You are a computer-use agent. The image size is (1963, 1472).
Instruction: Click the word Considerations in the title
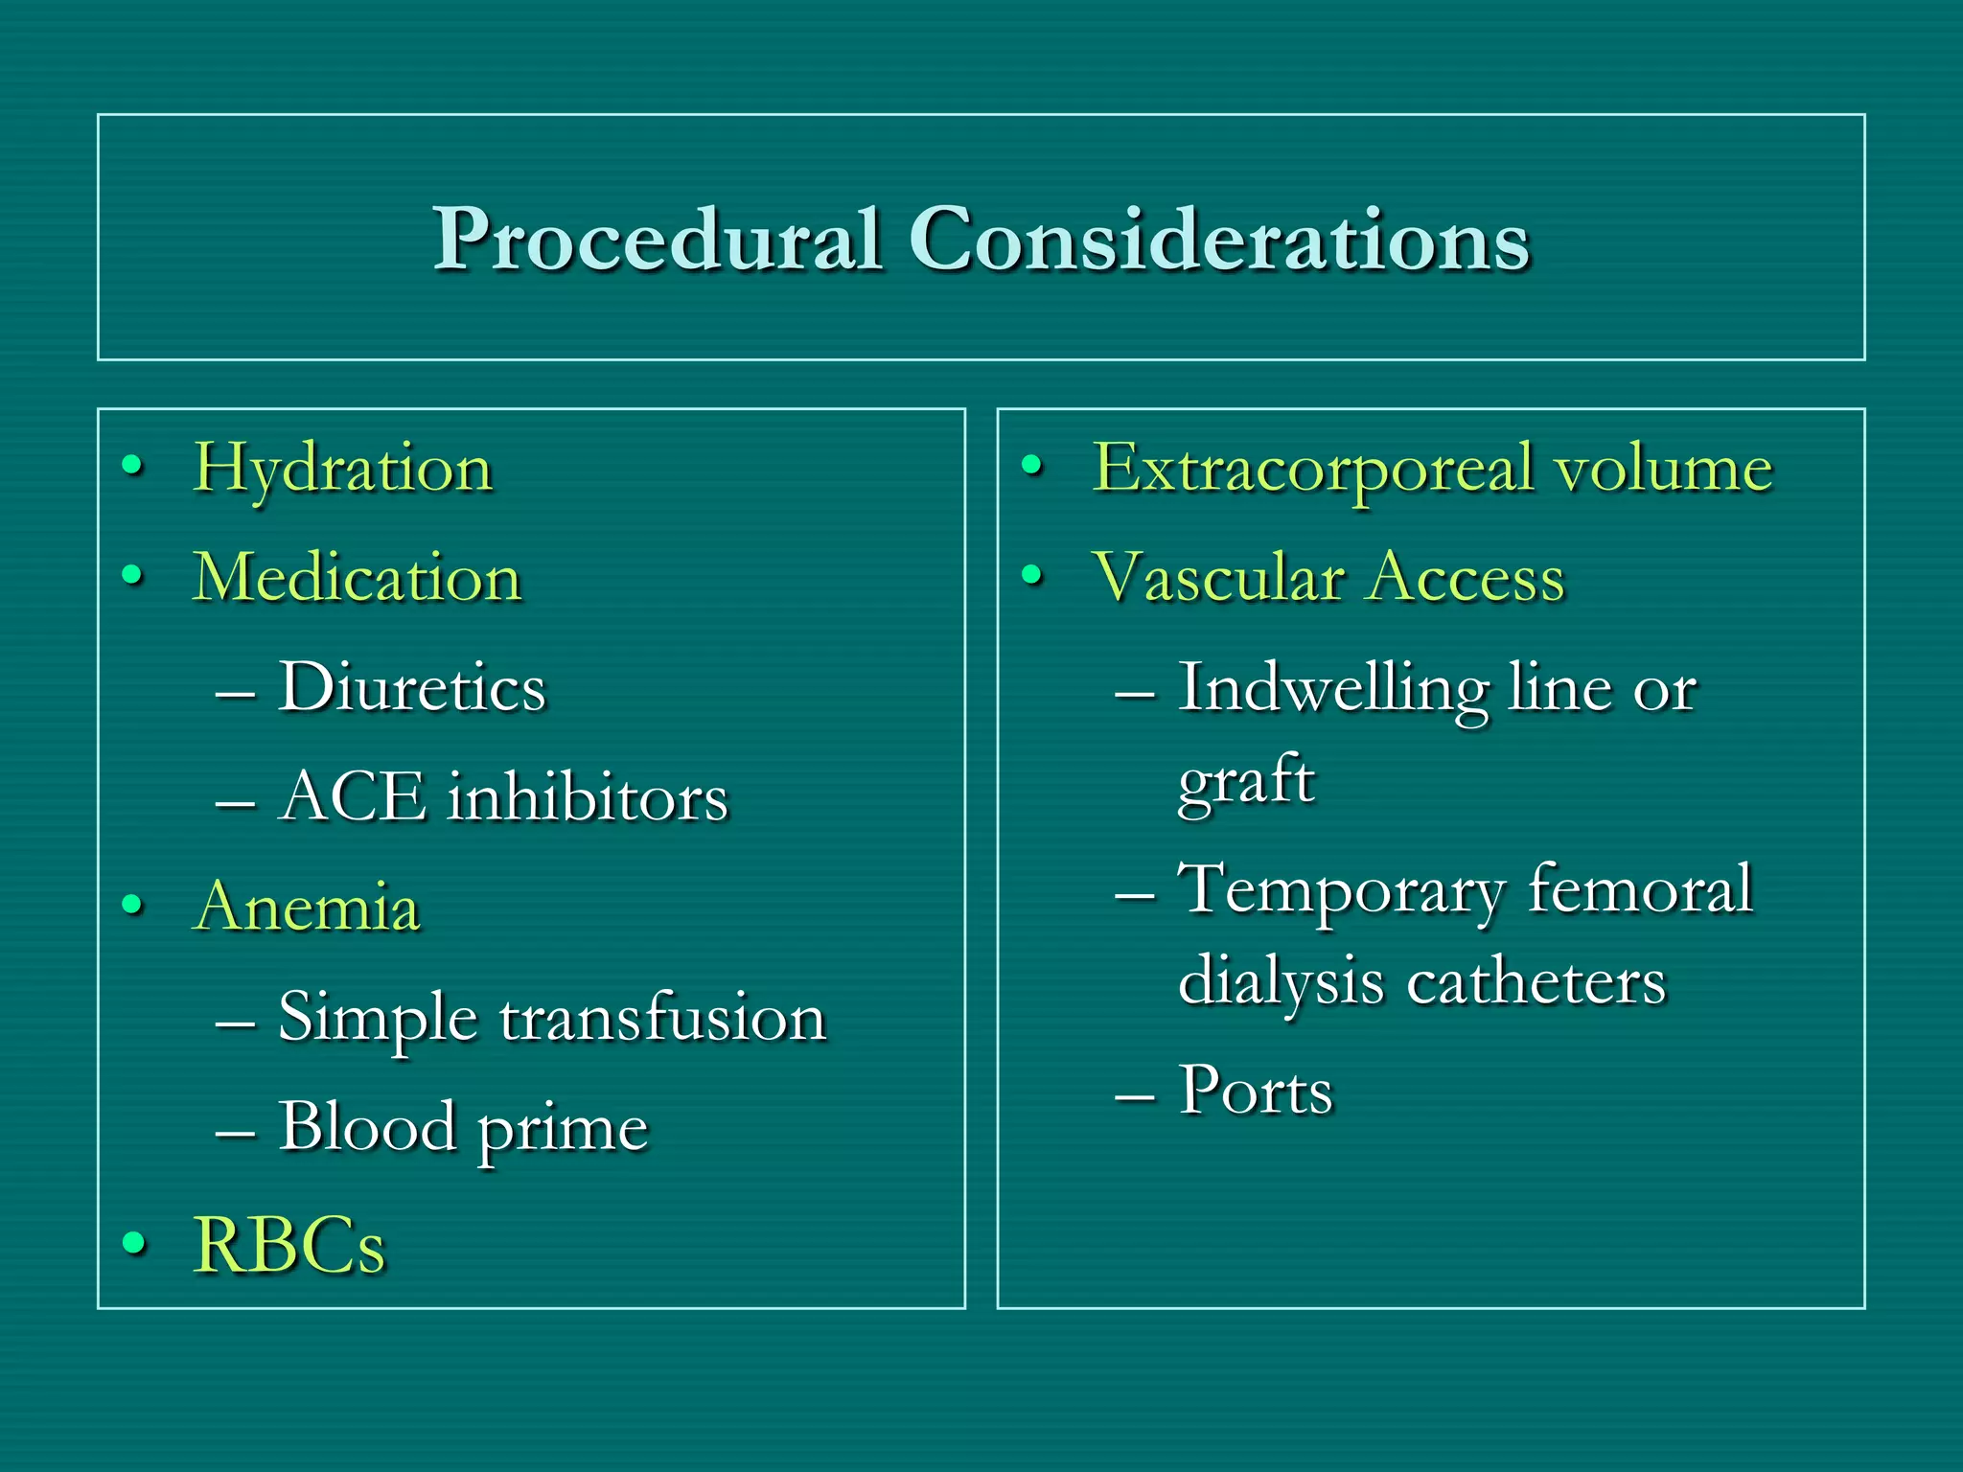click(1218, 240)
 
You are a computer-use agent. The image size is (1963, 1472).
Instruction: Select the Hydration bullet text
click(342, 469)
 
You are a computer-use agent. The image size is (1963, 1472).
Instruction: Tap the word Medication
click(357, 578)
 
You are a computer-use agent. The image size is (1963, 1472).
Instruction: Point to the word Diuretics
click(412, 687)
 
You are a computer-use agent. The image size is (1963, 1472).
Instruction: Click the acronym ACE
click(352, 796)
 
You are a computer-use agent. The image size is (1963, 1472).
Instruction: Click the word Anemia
click(307, 907)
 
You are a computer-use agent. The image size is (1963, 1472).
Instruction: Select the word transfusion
click(662, 1017)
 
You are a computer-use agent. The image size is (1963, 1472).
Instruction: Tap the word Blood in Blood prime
click(367, 1126)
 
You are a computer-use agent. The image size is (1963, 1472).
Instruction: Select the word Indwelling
click(1332, 687)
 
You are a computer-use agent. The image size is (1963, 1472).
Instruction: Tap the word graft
click(1245, 781)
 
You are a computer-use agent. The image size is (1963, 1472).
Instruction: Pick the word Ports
click(1256, 1091)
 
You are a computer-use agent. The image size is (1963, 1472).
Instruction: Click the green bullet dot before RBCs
click(134, 1243)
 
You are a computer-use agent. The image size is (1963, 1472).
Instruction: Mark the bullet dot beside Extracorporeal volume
click(1031, 466)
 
